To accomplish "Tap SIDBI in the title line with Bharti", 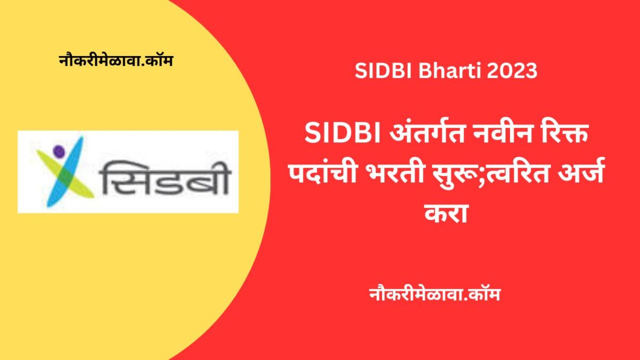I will tap(382, 71).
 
